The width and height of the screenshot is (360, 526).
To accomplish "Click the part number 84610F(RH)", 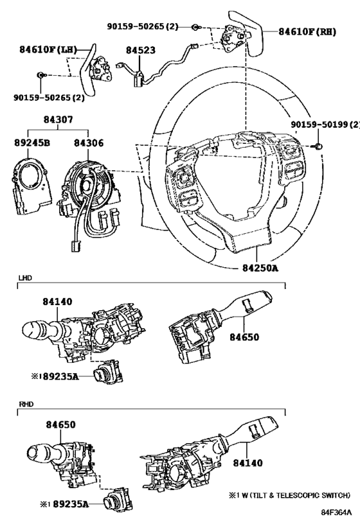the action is coord(307,31).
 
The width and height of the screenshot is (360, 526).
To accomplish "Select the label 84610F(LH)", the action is coord(48,49).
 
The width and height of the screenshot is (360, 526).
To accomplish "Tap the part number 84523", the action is coord(141,50).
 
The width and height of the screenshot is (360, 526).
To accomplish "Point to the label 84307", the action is coord(58,119).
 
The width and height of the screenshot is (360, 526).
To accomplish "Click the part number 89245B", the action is coord(32,143).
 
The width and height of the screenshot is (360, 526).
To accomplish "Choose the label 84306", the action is coord(89,143).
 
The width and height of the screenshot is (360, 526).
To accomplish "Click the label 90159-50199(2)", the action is coord(325,125).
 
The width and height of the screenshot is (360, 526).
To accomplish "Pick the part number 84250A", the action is coord(260,268).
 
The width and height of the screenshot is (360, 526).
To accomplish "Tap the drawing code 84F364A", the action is coord(336,513).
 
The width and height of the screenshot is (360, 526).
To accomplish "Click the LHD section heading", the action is coord(25,278).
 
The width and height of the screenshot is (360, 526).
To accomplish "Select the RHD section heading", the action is coord(26,404).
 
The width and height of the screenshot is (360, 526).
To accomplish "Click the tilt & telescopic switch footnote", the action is coord(289,495).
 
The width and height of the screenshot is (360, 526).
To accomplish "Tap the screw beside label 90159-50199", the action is coord(318,146).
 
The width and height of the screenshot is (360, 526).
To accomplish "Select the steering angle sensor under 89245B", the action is coord(32,186).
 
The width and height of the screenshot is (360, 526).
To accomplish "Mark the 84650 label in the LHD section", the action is coord(244,337).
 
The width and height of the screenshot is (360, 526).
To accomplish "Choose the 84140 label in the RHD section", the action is coord(248,463).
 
